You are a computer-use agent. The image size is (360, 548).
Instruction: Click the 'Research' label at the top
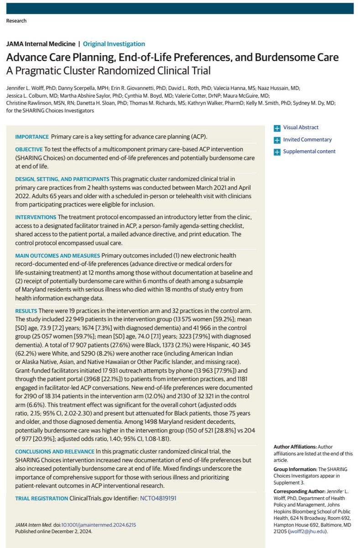pos(16,21)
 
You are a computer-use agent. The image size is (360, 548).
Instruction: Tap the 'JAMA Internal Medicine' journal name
pos(40,44)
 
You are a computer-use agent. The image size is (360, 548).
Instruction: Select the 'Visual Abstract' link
pos(301,128)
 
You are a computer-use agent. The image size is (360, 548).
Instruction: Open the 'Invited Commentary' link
pos(307,140)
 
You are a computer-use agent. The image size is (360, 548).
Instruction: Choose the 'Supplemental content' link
pos(309,152)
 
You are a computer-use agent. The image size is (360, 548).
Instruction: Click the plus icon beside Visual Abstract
pos(277,128)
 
